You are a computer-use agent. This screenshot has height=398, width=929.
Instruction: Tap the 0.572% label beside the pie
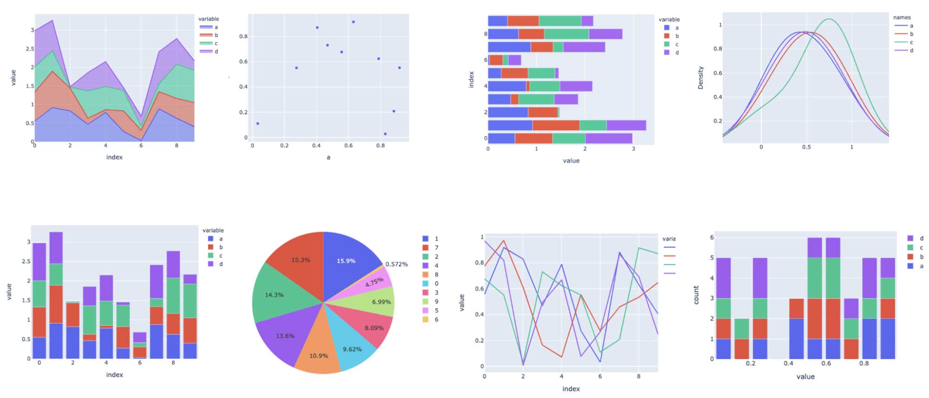pyautogui.click(x=396, y=264)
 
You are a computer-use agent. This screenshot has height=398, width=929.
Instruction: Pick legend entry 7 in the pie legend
pyautogui.click(x=436, y=248)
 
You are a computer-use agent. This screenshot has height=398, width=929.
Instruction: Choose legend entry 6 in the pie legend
pyautogui.click(x=436, y=320)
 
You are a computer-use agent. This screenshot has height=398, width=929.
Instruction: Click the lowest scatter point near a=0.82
pyautogui.click(x=385, y=134)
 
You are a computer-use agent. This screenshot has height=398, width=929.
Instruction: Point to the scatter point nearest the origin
pyautogui.click(x=257, y=124)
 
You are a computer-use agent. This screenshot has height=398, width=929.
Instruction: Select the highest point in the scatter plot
pyautogui.click(x=353, y=22)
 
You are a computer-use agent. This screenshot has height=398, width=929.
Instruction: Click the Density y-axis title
pyautogui.click(x=700, y=78)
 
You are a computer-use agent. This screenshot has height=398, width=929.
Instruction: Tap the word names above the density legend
pyautogui.click(x=902, y=17)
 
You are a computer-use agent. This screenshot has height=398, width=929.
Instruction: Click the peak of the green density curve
pyautogui.click(x=829, y=19)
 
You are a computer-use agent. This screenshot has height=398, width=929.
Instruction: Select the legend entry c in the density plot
pyautogui.click(x=911, y=42)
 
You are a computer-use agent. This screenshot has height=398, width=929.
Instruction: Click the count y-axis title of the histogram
pyautogui.click(x=696, y=295)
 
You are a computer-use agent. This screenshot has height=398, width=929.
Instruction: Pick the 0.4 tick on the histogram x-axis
pyautogui.click(x=788, y=363)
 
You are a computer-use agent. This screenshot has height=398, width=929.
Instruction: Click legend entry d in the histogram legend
pyautogui.click(x=921, y=238)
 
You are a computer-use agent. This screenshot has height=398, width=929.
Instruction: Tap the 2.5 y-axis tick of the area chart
pyautogui.click(x=30, y=49)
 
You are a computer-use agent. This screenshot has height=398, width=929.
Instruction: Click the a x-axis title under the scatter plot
pyautogui.click(x=329, y=157)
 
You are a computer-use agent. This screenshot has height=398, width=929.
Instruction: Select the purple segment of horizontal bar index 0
pyautogui.click(x=608, y=138)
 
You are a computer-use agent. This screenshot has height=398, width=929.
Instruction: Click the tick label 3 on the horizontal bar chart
pyautogui.click(x=633, y=149)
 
